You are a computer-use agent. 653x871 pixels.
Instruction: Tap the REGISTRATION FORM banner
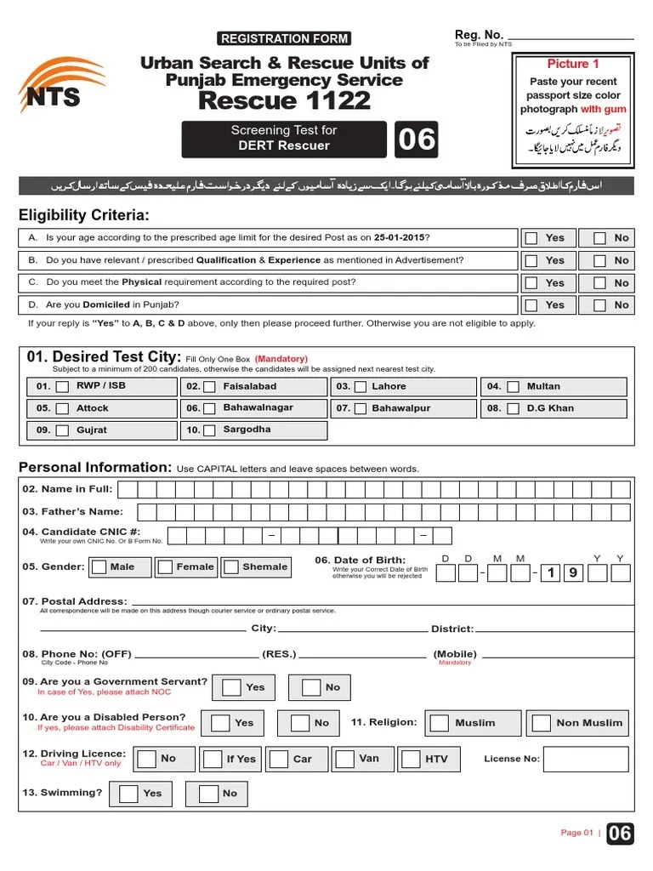(x=284, y=38)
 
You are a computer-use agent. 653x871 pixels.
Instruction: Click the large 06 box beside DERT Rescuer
(x=416, y=139)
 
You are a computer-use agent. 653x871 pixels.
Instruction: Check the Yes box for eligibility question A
(x=531, y=238)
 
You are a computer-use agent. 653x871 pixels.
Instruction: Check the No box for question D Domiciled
(x=600, y=305)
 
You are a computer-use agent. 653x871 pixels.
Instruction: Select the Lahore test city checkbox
(x=361, y=387)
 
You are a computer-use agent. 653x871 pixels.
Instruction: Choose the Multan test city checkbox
(x=513, y=387)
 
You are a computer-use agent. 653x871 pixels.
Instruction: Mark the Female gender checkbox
(x=166, y=567)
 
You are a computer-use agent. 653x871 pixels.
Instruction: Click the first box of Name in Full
(x=128, y=489)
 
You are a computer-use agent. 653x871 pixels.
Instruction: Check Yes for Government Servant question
(x=230, y=687)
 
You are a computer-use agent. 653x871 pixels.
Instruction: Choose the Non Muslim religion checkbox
(x=542, y=723)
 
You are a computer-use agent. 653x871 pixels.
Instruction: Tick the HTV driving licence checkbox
(x=410, y=759)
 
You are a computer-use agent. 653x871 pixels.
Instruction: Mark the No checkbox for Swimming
(x=208, y=794)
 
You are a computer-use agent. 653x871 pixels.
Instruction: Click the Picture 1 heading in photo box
(x=572, y=64)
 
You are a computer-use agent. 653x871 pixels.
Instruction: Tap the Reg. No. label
(x=480, y=34)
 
